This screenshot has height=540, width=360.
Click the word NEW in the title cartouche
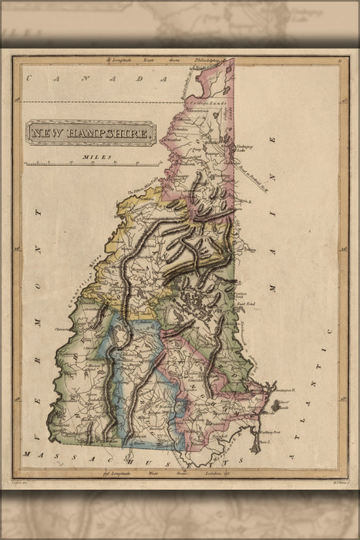pos(48,132)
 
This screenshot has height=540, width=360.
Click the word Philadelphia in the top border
pos(208,59)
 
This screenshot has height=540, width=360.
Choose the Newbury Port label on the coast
pos(267,413)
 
